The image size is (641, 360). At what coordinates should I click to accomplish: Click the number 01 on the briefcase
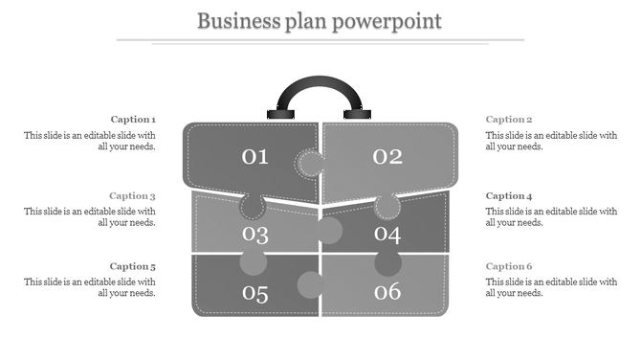coord(255,156)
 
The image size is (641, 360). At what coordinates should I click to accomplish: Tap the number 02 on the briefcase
coord(387,156)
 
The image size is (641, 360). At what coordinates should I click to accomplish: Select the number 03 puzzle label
coord(255,234)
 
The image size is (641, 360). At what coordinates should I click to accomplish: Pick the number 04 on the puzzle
coord(387,234)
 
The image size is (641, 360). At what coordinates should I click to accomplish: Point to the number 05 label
coord(255,293)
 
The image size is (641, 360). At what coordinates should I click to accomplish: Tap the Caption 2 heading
coord(508,120)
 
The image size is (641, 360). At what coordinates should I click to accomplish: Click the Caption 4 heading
coord(508,195)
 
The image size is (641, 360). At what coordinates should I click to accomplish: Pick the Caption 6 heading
coord(508,266)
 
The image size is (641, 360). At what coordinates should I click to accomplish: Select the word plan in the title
coord(304,20)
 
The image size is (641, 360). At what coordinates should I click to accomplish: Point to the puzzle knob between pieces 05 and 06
coord(310,284)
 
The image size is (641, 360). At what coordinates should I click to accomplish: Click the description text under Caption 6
coord(551,287)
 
